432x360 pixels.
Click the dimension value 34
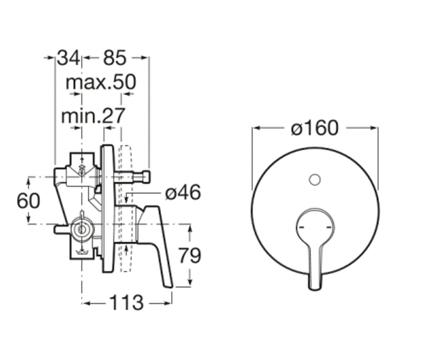pos(68,58)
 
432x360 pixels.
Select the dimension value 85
pos(114,58)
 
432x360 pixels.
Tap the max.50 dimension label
pos(101,82)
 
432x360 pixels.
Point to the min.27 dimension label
pos(93,116)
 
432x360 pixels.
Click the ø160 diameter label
pos(315,128)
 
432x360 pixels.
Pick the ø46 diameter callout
pos(183,192)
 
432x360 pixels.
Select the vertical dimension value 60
pos(28,201)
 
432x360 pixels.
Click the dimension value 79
pos(189,256)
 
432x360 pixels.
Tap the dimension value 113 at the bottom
pos(126,303)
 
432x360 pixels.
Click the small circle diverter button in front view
pos(315,179)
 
